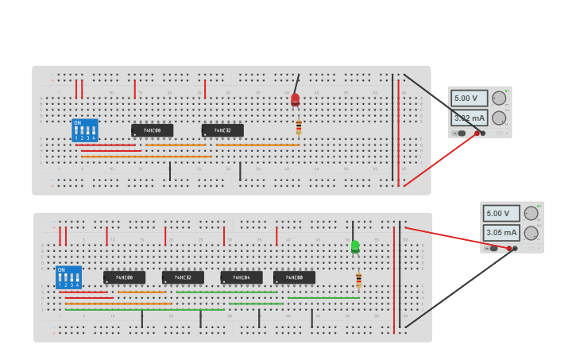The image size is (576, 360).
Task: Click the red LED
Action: [x=295, y=100]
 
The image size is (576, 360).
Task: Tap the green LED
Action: [x=355, y=247]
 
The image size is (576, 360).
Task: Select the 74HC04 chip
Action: [x=242, y=277]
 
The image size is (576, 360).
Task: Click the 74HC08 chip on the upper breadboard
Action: [x=152, y=130]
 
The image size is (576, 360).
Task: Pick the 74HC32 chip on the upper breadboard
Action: [x=222, y=130]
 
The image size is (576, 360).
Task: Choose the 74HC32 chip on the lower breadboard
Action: [x=183, y=277]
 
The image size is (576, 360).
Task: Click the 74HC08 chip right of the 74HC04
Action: [x=294, y=277]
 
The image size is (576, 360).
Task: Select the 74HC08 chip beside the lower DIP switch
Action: [x=124, y=277]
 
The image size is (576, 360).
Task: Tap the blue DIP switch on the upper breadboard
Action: [x=85, y=130]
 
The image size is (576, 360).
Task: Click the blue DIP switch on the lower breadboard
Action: [x=69, y=277]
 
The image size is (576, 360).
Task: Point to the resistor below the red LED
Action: [x=299, y=127]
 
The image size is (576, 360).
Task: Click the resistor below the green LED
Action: [x=358, y=281]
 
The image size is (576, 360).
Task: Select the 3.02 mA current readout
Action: [x=470, y=118]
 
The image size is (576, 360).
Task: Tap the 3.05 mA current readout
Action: [x=501, y=233]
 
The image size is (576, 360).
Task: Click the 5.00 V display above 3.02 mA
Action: [x=469, y=99]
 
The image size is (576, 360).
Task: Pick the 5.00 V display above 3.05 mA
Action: [x=501, y=214]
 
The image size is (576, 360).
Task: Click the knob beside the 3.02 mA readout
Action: [x=499, y=118]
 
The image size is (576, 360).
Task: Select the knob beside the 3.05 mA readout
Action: [x=531, y=233]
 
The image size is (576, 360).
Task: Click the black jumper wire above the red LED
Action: [x=297, y=83]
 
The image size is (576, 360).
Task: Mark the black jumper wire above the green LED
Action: [x=353, y=230]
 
